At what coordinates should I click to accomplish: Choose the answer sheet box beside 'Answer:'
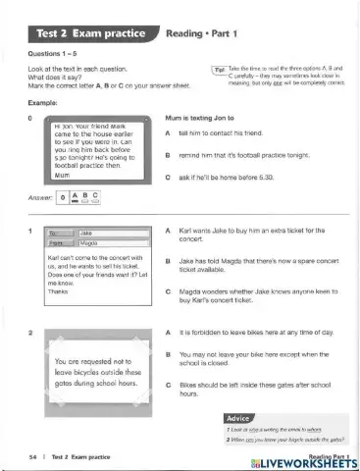92,197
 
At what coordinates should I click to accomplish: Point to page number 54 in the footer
33,457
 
